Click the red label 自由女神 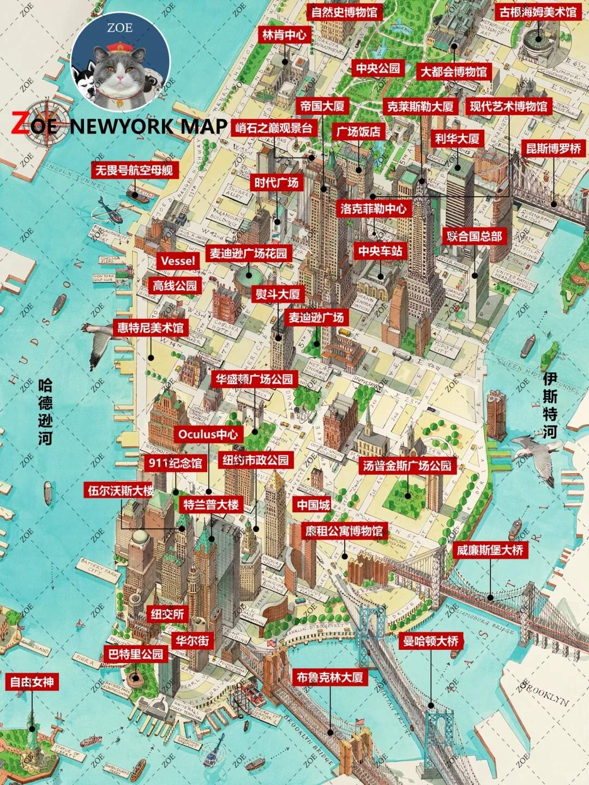tap(32, 682)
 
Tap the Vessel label tap(178, 261)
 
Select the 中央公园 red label tap(378, 68)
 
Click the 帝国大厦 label tap(322, 106)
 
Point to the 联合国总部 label tap(474, 236)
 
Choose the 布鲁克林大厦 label tap(329, 678)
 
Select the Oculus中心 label tap(208, 434)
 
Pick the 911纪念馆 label tap(175, 463)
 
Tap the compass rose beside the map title tap(47, 123)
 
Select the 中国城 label tap(313, 505)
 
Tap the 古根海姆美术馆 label tap(538, 11)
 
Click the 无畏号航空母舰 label tap(134, 170)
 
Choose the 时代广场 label tap(277, 182)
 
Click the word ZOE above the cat tap(120, 27)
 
